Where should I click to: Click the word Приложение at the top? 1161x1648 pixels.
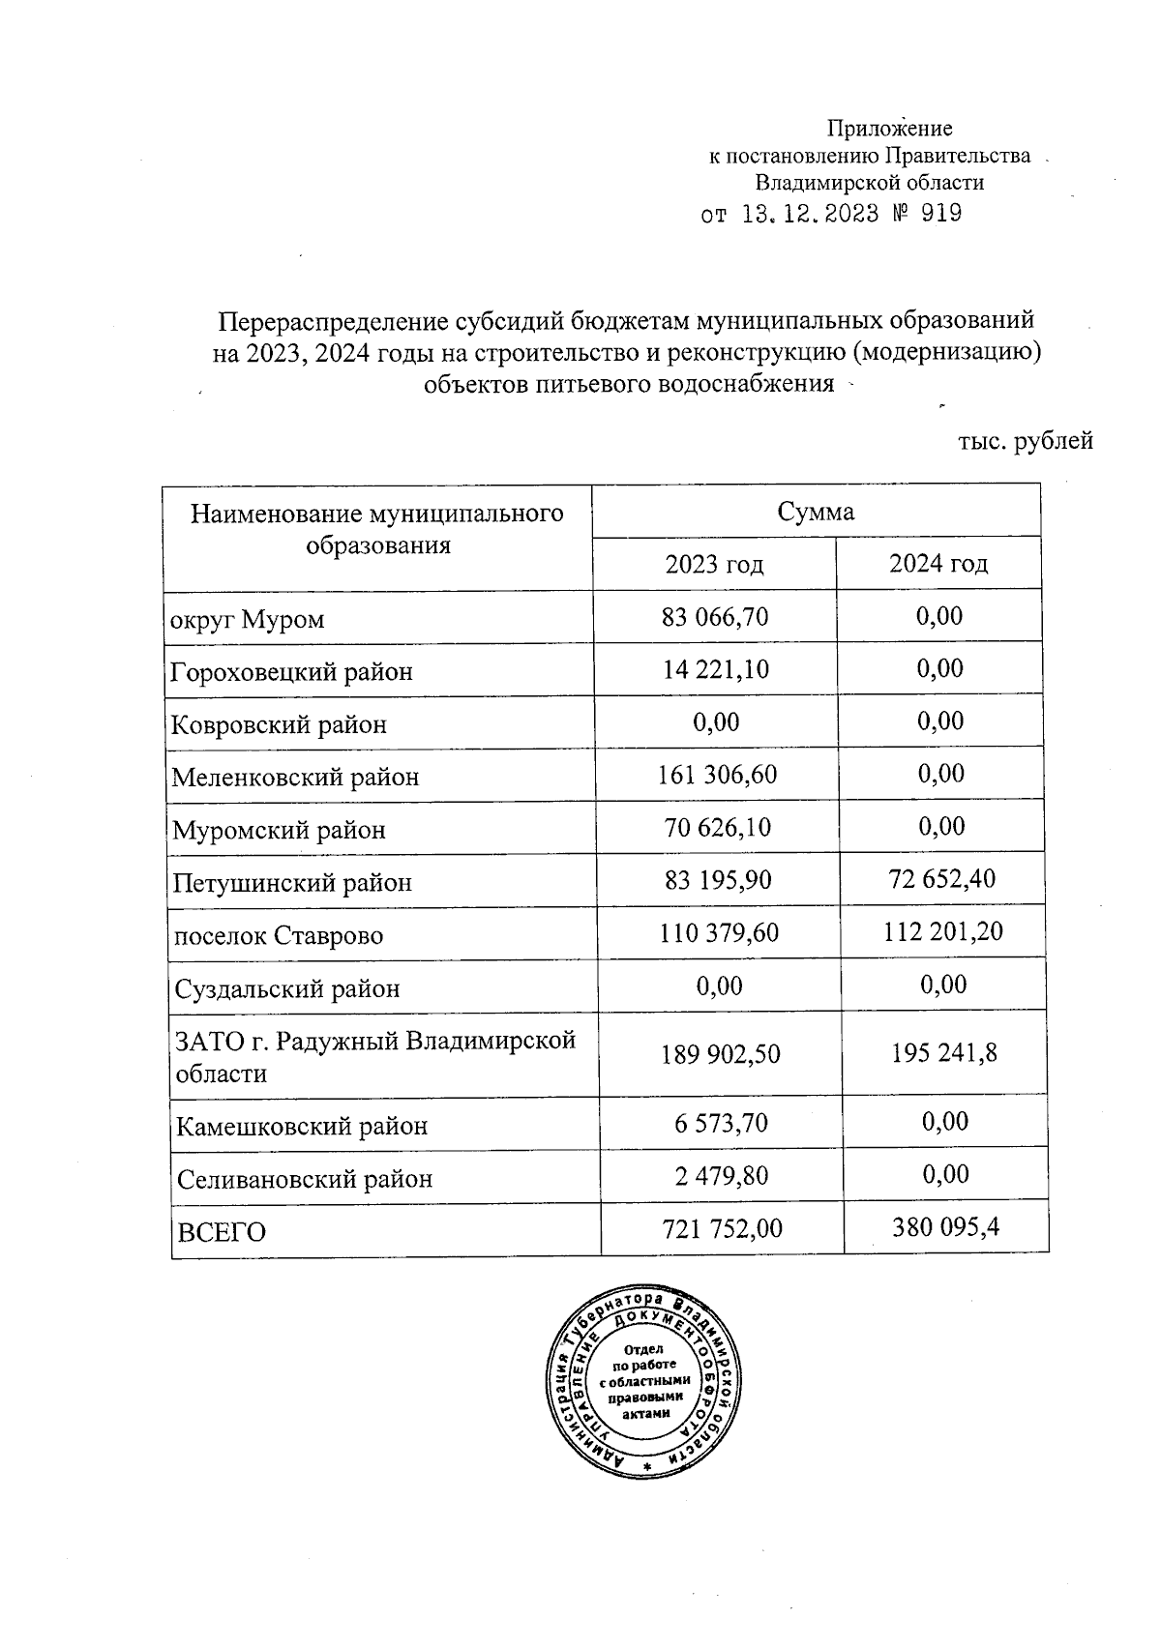[x=889, y=129]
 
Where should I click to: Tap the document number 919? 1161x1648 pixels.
[x=941, y=214]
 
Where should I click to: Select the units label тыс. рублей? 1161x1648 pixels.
[x=1025, y=442]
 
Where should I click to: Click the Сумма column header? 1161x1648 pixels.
[x=816, y=512]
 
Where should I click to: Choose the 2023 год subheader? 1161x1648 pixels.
[x=714, y=564]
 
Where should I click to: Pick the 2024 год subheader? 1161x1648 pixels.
[x=938, y=564]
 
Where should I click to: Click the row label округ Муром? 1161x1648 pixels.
[x=248, y=619]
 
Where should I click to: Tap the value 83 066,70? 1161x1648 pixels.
[x=715, y=616]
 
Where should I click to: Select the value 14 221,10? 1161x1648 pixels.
[x=716, y=669]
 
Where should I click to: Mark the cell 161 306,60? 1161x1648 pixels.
[x=717, y=775]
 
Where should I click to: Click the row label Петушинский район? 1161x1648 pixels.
[x=292, y=883]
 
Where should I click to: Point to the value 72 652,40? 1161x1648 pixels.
[x=941, y=879]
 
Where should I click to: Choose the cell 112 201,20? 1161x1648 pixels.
[x=943, y=932]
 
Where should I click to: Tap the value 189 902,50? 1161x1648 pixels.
[x=721, y=1054]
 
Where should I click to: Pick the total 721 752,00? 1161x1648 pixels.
[x=722, y=1229]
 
